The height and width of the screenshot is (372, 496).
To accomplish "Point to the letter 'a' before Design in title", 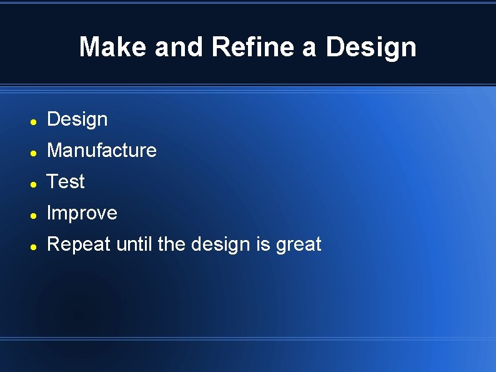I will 309,48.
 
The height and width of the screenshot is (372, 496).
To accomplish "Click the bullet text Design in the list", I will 77,119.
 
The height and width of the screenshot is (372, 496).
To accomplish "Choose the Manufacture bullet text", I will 102,151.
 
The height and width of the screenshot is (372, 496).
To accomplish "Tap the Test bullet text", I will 66,182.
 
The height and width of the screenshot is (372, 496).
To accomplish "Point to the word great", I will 299,244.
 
